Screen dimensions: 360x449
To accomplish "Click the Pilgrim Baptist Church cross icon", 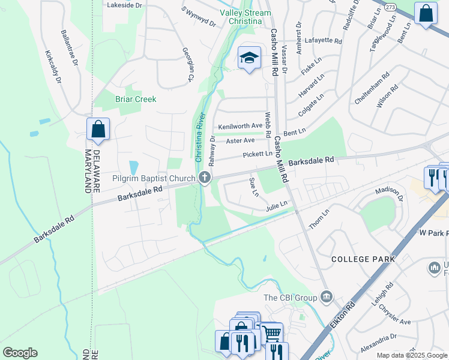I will click(205, 178).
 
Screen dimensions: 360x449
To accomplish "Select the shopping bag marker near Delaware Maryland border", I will click(98, 129).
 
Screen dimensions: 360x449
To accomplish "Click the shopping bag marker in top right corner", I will click(426, 14).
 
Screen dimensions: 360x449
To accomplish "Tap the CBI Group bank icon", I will click(326, 296).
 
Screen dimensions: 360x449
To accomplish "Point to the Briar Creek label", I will click(136, 99).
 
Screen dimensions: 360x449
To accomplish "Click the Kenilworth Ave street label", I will click(240, 127).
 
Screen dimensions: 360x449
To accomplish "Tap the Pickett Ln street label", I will click(258, 154).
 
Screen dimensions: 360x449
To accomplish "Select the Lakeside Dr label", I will click(124, 5).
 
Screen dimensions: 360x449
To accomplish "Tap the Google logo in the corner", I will click(20, 353).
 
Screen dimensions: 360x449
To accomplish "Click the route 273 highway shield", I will click(391, 8).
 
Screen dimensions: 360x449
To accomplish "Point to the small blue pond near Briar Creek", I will click(134, 168).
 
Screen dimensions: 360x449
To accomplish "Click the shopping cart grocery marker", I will click(272, 332).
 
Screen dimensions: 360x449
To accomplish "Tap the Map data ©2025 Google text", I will click(412, 355).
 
